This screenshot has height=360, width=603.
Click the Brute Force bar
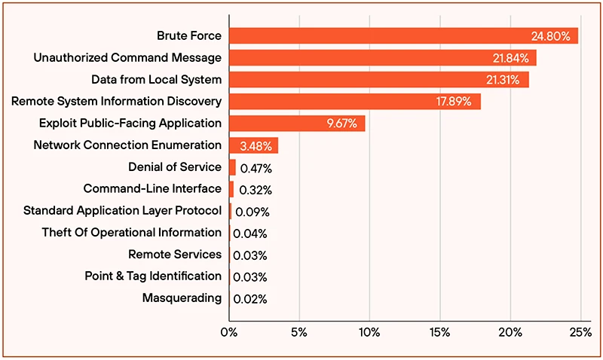coord(403,35)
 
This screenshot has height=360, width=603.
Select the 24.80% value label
coord(551,35)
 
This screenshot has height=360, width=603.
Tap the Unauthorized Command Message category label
coord(127,57)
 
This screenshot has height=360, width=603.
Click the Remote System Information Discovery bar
coord(354,101)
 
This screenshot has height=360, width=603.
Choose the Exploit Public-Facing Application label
coord(130,123)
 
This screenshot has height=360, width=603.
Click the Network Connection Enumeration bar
coord(253,145)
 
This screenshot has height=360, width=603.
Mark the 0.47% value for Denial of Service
coord(256,167)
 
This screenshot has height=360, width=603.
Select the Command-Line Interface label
coord(152,189)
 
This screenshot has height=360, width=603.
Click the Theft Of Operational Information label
coord(131,233)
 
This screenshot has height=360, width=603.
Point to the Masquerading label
coord(182,298)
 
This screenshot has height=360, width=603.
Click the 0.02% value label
coord(250,299)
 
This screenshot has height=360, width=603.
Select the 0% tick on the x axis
coord(229,331)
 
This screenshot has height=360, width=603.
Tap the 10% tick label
coord(369,331)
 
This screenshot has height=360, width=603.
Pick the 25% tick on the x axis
coord(580,331)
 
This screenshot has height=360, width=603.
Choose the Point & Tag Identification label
coord(153,276)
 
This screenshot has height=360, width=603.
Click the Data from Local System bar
coord(378,79)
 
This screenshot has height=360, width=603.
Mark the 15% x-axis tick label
coord(440,331)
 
